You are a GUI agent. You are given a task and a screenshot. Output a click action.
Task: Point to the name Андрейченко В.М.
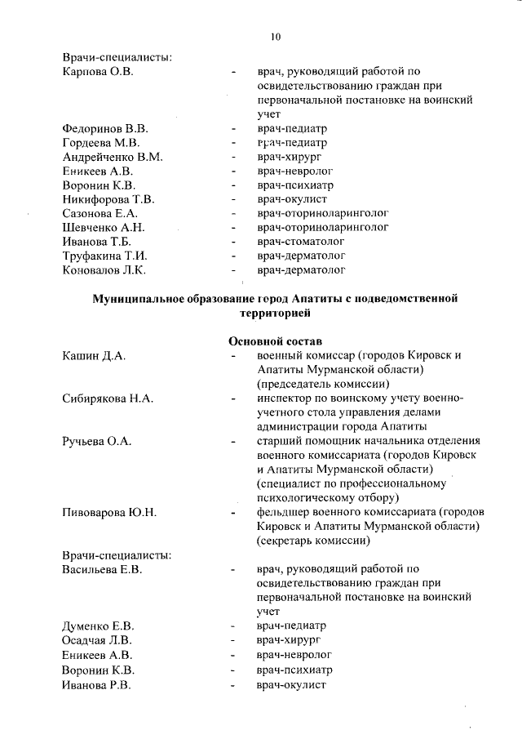[113, 157]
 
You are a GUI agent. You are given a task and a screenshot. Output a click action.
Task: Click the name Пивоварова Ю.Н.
[109, 512]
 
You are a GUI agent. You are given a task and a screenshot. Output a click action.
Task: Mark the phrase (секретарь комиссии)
[313, 541]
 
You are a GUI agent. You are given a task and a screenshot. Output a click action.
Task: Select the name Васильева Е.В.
[102, 569]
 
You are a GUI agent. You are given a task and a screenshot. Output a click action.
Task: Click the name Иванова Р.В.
[95, 683]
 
